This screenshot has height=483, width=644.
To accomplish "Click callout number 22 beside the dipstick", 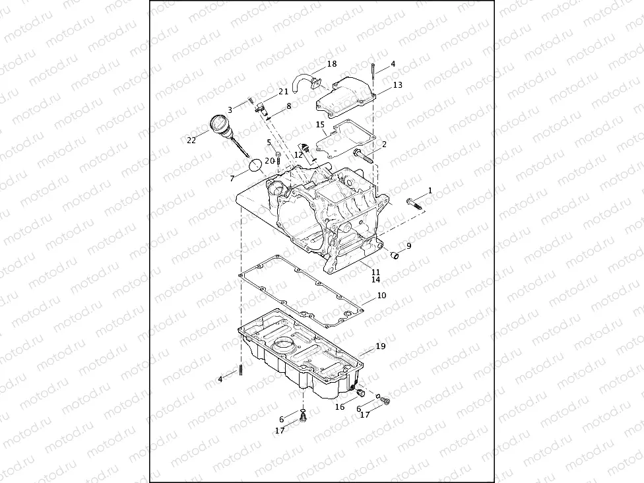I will point(191,140).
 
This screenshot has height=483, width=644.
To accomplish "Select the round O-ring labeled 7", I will point(255,164).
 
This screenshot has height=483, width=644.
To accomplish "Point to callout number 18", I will point(331,64).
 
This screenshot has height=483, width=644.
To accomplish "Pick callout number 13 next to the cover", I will point(397,85).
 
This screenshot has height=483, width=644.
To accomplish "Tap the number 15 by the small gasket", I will point(320,124).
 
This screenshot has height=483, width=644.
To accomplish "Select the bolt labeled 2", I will point(361,154).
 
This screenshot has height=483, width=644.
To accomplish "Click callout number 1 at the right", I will point(430,190).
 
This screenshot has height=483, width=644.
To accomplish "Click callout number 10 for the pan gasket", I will point(381,296).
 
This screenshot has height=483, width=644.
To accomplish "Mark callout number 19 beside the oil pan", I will point(381,346).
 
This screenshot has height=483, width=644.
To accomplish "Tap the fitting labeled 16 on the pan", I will point(361,393).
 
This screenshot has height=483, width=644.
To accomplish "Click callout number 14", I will point(375,280).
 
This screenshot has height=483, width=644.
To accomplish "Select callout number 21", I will point(283,92).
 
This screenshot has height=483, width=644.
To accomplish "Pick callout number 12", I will point(298,154).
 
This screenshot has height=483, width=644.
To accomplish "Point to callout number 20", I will point(269,160).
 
